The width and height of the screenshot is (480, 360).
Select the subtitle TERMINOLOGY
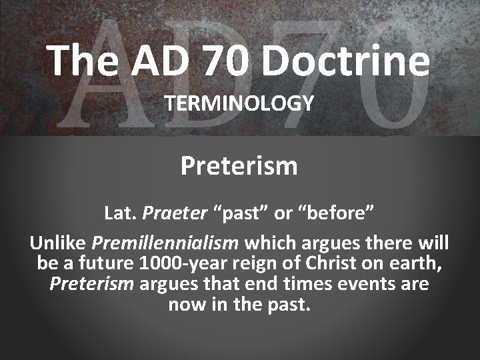pyautogui.click(x=240, y=103)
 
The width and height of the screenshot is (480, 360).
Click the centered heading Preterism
pyautogui.click(x=239, y=165)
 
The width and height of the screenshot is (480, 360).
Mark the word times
pyautogui.click(x=308, y=284)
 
